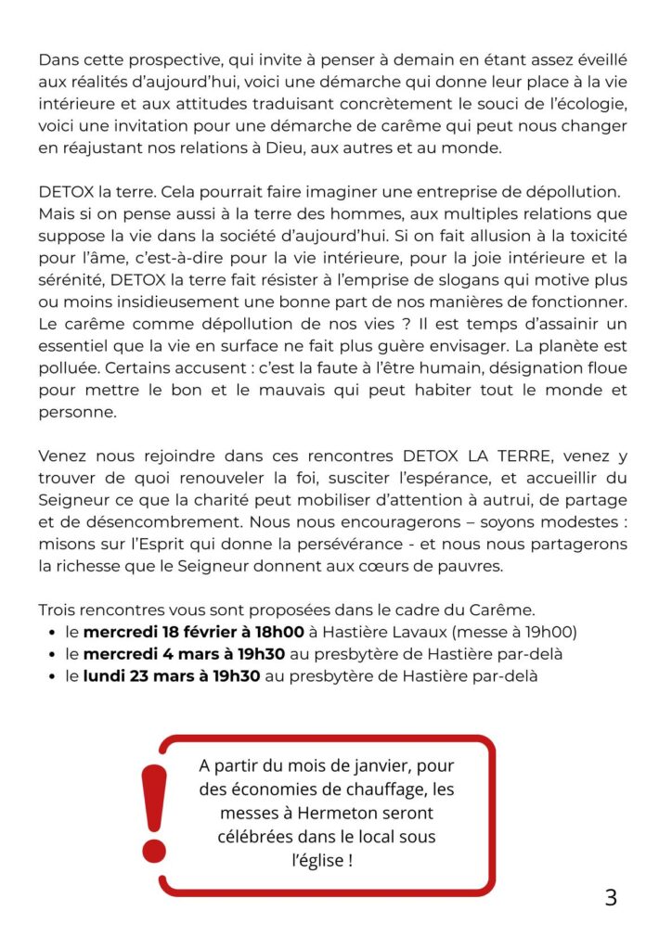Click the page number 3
tap(610, 898)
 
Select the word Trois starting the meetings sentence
tap(59, 610)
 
